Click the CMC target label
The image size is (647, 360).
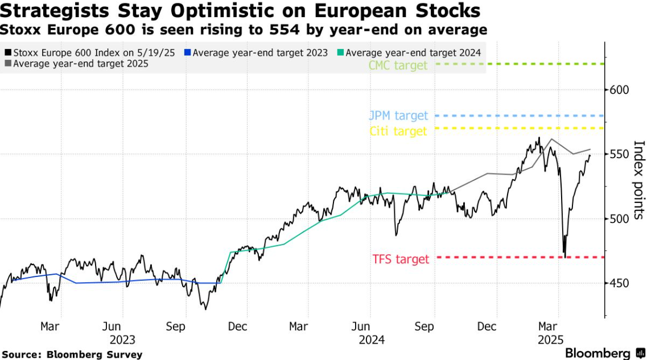coord(398,65)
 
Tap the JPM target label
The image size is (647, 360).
coord(399,116)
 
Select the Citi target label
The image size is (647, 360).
coord(398,131)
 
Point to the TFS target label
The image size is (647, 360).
coord(401,259)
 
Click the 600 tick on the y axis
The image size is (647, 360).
coord(618,90)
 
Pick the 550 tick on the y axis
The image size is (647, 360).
coord(618,154)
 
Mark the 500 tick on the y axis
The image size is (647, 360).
coord(618,219)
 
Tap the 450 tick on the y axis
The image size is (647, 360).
coord(618,283)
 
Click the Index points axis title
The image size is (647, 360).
coord(638,180)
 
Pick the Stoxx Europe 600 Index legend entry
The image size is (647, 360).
coord(91,53)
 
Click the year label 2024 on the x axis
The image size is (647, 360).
coord(371,340)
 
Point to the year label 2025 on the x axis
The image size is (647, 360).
coord(550,340)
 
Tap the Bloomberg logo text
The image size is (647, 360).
coord(597,353)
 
